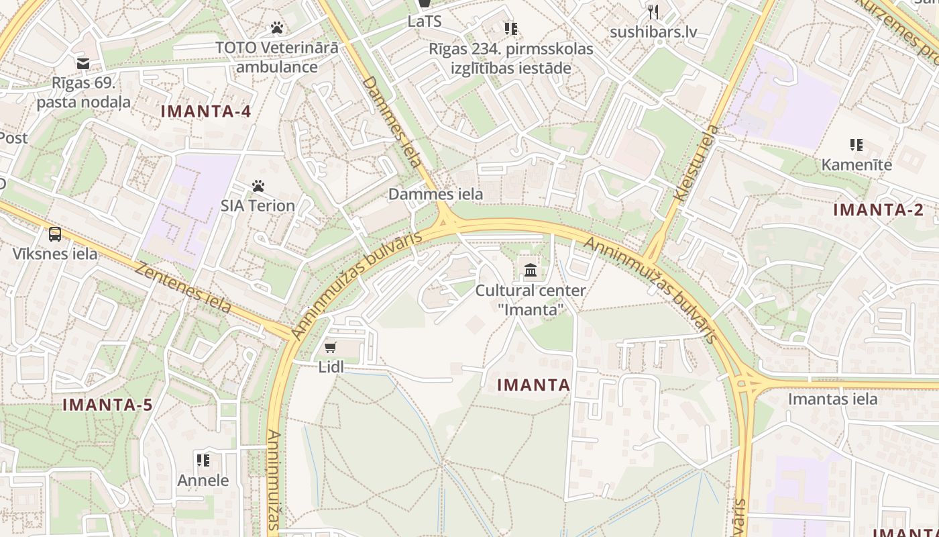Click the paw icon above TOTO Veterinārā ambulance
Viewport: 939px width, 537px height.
pyautogui.click(x=277, y=28)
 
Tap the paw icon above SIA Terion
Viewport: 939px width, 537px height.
pyautogui.click(x=258, y=186)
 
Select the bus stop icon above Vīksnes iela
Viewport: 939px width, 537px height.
pyautogui.click(x=55, y=234)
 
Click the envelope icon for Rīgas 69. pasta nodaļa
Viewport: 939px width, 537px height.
pyautogui.click(x=83, y=64)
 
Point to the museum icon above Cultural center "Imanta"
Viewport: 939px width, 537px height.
pyautogui.click(x=531, y=271)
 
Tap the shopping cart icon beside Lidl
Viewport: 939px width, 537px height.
pyautogui.click(x=330, y=347)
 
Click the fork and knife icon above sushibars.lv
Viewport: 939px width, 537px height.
pyautogui.click(x=653, y=12)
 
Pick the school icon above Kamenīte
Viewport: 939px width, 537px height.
pyautogui.click(x=856, y=145)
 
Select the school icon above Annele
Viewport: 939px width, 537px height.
pyautogui.click(x=203, y=460)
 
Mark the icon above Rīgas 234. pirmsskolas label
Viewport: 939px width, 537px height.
pyautogui.click(x=511, y=29)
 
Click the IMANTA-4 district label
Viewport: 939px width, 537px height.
pyautogui.click(x=206, y=111)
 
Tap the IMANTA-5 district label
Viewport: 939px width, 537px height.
pyautogui.click(x=107, y=405)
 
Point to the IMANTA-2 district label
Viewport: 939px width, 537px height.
pyautogui.click(x=878, y=209)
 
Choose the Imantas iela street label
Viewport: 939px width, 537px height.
pyautogui.click(x=832, y=399)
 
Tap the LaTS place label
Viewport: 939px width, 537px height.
pyautogui.click(x=425, y=21)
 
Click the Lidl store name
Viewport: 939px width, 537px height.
pyautogui.click(x=331, y=367)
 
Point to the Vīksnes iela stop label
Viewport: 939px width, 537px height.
pyautogui.click(x=55, y=254)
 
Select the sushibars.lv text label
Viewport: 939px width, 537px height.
pyautogui.click(x=653, y=32)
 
